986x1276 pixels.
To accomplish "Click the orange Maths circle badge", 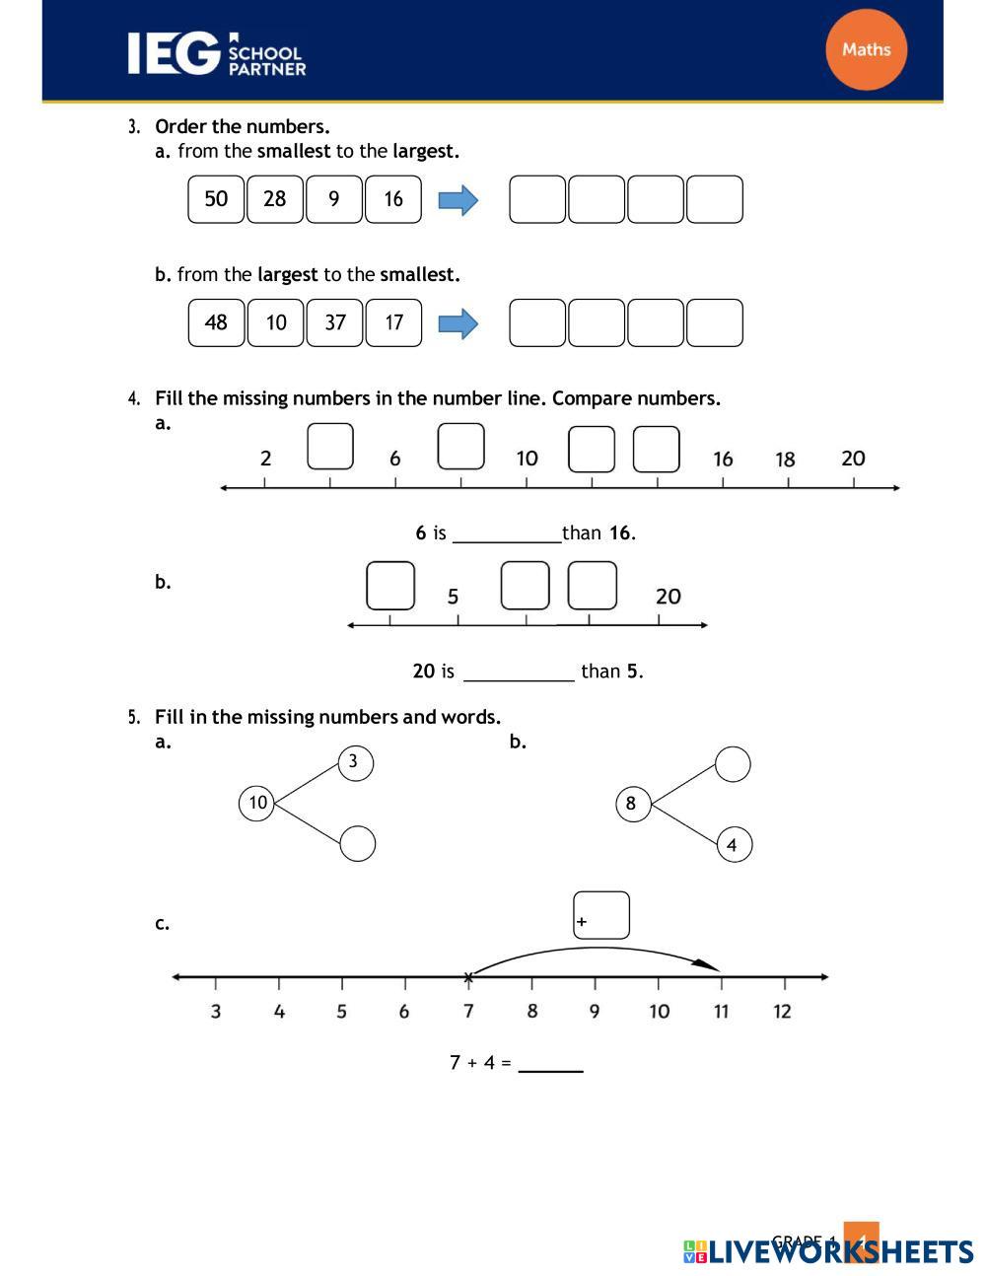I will click(x=866, y=49).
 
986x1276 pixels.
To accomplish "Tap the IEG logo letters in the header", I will click(x=173, y=53).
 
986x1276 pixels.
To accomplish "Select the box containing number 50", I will click(x=216, y=199).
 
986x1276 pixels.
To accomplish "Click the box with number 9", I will click(x=334, y=199).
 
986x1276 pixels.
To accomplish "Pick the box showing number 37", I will click(x=335, y=322).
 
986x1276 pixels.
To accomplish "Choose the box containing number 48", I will click(x=216, y=322).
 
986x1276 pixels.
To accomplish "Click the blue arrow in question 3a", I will click(x=458, y=200).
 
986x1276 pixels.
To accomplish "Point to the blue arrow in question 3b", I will click(x=458, y=323).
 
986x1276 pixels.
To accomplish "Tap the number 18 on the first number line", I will click(x=785, y=460).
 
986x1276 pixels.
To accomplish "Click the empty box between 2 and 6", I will click(x=330, y=447).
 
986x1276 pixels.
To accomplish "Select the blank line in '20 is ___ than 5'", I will click(x=519, y=673).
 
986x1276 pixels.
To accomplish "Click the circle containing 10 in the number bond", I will click(x=257, y=803).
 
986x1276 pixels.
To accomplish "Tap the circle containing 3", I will click(x=355, y=762).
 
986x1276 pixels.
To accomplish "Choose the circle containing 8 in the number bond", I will click(x=632, y=803).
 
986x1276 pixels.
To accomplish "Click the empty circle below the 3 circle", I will click(x=357, y=844).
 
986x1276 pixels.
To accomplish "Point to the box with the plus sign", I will click(x=600, y=916).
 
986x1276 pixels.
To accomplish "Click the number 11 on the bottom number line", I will click(x=722, y=1011).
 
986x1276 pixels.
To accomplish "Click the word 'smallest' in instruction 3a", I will click(x=294, y=151).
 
